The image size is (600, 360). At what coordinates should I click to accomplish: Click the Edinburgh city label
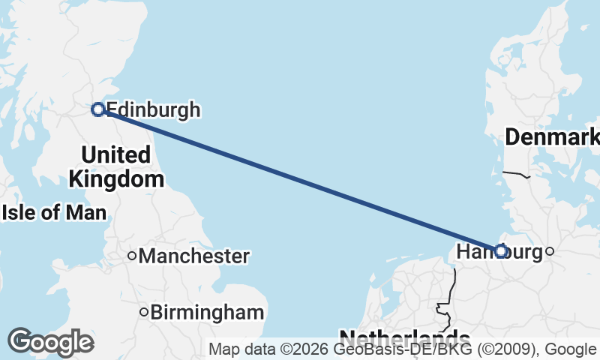coord(154,110)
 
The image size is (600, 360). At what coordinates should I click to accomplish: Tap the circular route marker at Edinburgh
coord(97,109)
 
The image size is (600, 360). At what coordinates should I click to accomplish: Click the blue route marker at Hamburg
coord(500,251)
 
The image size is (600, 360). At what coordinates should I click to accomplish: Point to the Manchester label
coord(193,256)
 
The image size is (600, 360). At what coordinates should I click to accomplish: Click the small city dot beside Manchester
coord(132,256)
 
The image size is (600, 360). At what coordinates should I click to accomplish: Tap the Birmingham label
coord(207,313)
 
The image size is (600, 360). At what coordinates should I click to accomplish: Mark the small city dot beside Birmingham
coord(145,312)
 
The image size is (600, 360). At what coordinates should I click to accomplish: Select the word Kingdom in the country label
coord(116,179)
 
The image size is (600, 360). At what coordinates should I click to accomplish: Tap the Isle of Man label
coord(54,212)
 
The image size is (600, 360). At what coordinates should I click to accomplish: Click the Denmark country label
coord(551,137)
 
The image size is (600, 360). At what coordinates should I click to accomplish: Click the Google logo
coord(51,342)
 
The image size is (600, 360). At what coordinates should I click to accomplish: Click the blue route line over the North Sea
coord(300,180)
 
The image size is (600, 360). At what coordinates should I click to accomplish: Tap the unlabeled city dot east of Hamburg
coord(549,251)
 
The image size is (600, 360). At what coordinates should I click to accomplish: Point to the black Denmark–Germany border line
coord(516,175)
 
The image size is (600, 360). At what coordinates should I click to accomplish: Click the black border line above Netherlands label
coord(454,285)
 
